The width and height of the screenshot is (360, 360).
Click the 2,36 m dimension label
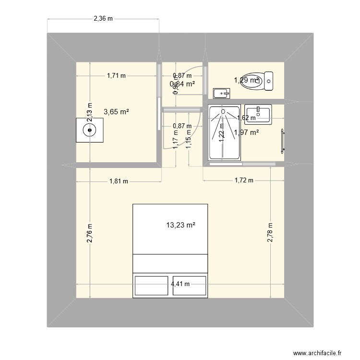pyautogui.click(x=103, y=19)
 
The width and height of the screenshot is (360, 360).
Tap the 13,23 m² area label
pyautogui.click(x=180, y=225)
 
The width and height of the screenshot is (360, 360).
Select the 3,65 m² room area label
pyautogui.click(x=116, y=112)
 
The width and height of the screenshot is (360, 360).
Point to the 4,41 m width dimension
pyautogui.click(x=180, y=284)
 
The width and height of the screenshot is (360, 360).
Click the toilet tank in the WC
pyautogui.click(x=269, y=81)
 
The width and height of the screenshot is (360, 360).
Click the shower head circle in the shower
pyautogui.click(x=223, y=111)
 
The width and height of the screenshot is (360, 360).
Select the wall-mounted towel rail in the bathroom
pyautogui.click(x=282, y=141)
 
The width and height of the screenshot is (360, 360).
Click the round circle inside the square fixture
pyautogui.click(x=90, y=130)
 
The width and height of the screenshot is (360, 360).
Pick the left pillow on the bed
pyautogui.click(x=151, y=286)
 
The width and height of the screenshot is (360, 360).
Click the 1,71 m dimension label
pyautogui.click(x=116, y=75)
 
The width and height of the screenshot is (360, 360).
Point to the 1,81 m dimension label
pyautogui.click(x=119, y=181)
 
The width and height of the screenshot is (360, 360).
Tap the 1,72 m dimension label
pyautogui.click(x=243, y=180)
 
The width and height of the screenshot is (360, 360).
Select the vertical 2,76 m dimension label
pyautogui.click(x=89, y=233)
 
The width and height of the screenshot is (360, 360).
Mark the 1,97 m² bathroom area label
pyautogui.click(x=246, y=133)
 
